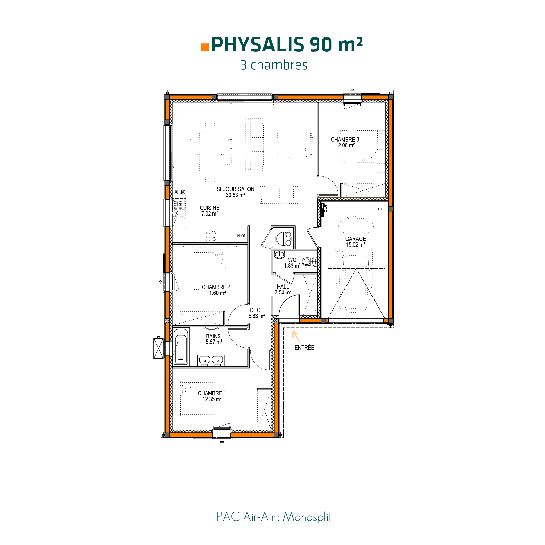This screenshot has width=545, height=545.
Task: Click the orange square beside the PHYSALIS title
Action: [205, 47]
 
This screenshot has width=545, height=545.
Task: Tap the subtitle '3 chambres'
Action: [274, 65]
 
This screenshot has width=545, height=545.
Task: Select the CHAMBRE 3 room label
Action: [345, 142]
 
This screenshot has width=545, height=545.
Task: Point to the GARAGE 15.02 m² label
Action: [355, 242]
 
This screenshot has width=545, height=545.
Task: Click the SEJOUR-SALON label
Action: [235, 192]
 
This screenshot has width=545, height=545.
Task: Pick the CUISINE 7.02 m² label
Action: [210, 211]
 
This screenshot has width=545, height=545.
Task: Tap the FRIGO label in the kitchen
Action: [241, 236]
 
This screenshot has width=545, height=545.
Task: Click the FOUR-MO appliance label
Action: [179, 192]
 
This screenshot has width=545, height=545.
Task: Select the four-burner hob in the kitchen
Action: [211, 236]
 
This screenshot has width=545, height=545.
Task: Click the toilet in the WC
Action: [309, 261]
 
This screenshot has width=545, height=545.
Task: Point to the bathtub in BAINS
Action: [181, 346]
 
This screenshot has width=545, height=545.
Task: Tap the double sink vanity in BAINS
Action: [211, 360]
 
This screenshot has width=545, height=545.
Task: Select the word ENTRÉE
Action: [304, 348]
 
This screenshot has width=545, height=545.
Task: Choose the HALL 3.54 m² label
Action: [283, 290]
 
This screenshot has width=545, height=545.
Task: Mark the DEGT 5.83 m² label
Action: [257, 313]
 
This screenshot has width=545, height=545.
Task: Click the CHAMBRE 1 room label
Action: [212, 396]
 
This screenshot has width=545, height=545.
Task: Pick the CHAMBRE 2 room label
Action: [216, 290]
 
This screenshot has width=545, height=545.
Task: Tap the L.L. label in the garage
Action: [381, 209]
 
